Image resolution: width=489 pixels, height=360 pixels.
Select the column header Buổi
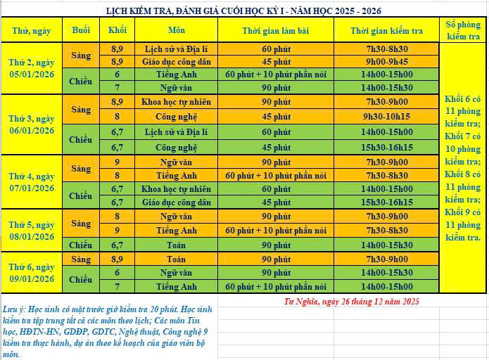pos(81,30)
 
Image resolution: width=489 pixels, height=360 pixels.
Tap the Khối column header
pos(117,30)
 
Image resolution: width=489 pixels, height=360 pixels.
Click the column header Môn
pos(177,30)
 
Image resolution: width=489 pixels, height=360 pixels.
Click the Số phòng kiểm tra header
pos(463,30)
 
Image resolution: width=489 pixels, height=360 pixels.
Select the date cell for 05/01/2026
pos(31,69)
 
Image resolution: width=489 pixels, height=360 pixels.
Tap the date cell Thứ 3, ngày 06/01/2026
pos(31,124)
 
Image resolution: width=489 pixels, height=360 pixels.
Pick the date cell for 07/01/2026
pos(31,181)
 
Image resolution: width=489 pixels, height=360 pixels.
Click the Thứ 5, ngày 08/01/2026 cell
pos(31,231)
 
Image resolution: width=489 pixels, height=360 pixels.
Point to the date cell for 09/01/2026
pos(31,273)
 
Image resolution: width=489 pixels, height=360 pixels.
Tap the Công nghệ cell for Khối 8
pos(177,116)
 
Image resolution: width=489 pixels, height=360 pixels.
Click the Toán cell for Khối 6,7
pos(177,245)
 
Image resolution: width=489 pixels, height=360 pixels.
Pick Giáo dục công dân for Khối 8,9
pos(177,61)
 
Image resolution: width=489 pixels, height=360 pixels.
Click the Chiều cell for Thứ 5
pos(81,245)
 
